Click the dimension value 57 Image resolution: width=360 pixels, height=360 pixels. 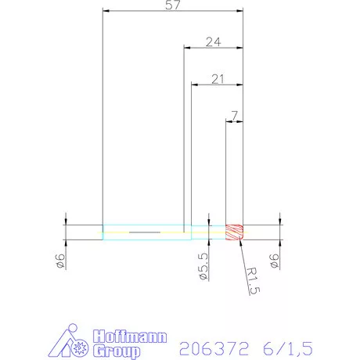coord(174,6)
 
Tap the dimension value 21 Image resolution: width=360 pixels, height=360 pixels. coord(218,78)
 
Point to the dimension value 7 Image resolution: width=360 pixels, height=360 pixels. coord(234,116)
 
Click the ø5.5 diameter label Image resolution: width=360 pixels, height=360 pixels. coord(203,267)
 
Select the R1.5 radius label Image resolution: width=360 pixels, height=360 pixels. coord(252,281)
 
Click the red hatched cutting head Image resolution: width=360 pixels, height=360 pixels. coord(236,232)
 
